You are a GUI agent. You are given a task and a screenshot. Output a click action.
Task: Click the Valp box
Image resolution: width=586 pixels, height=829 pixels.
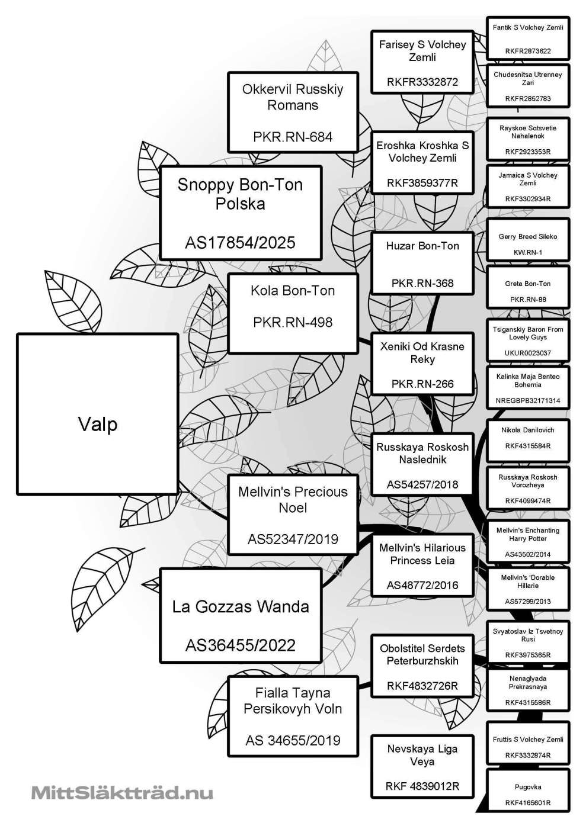coord(98,414)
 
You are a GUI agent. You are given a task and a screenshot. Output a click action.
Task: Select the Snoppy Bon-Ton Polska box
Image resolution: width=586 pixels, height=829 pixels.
coord(241,212)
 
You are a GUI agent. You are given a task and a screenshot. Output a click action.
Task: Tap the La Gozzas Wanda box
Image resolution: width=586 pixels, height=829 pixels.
coord(241,615)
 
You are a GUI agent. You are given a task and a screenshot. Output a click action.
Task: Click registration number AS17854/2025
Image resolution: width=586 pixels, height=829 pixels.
coord(240,243)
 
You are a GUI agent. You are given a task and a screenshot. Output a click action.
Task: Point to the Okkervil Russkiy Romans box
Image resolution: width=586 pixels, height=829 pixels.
coord(293,112)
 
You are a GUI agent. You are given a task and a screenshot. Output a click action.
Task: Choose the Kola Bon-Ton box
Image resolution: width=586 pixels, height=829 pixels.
coord(293,313)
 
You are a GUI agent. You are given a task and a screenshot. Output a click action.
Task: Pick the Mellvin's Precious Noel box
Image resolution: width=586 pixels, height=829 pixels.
coord(293,514)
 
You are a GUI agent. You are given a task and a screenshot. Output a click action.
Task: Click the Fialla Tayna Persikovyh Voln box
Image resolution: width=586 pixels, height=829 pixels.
coord(293,715)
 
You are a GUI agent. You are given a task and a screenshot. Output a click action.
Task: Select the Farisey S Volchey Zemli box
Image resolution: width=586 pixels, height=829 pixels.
coord(422,62)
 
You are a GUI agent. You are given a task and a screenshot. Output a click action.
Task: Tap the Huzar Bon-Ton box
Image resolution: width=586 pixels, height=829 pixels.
coord(422,263)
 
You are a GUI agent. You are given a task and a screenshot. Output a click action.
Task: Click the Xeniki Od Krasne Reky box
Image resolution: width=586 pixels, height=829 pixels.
coord(422,364)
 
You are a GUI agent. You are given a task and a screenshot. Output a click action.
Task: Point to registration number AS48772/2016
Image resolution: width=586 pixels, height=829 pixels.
coord(422,586)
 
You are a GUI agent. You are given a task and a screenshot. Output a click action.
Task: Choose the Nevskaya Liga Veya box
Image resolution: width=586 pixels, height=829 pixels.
coord(422,766)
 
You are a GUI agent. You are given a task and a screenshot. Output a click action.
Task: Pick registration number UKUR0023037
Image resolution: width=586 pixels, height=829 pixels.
coord(527,353)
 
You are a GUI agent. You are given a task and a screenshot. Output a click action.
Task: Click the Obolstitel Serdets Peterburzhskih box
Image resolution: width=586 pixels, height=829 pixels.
coord(422,665)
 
